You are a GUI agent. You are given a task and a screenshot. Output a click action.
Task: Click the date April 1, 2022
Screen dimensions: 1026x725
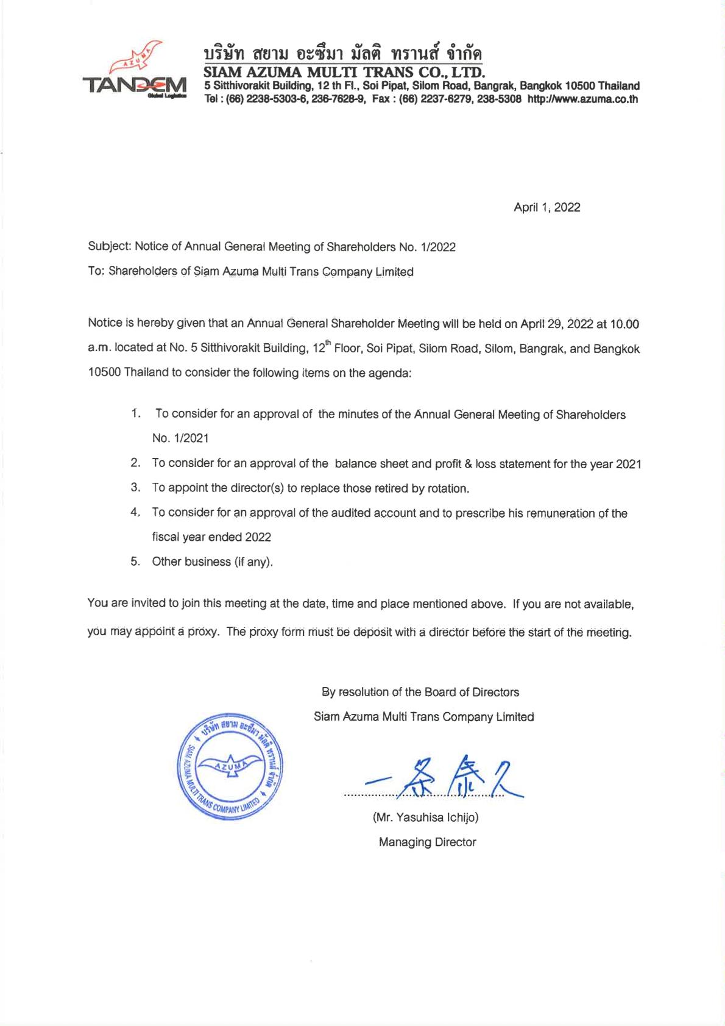pyautogui.click(x=546, y=207)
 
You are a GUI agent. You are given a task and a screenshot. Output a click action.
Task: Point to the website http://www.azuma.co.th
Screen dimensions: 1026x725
pyautogui.click(x=582, y=99)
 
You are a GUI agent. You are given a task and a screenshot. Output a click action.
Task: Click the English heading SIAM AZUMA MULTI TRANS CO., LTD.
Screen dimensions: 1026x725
pyautogui.click(x=344, y=73)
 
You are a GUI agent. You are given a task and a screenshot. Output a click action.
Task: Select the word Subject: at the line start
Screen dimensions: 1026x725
pyautogui.click(x=109, y=247)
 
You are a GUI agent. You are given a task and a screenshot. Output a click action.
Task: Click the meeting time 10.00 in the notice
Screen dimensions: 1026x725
pyautogui.click(x=626, y=323)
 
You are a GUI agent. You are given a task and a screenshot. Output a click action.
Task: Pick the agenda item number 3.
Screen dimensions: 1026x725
pyautogui.click(x=135, y=488)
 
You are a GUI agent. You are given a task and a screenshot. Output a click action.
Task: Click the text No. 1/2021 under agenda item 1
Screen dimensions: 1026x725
pyautogui.click(x=180, y=438)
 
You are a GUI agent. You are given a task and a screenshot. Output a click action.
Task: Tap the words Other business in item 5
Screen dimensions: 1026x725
pyautogui.click(x=191, y=561)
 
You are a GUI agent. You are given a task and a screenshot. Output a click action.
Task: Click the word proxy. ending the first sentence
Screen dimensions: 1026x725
pyautogui.click(x=203, y=632)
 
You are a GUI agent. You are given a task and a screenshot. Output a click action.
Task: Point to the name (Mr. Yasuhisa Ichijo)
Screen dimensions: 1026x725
pyautogui.click(x=425, y=818)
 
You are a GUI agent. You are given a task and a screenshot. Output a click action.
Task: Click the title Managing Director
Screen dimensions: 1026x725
pyautogui.click(x=427, y=842)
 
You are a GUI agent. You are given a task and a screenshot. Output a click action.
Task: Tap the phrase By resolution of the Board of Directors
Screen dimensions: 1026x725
pyautogui.click(x=420, y=692)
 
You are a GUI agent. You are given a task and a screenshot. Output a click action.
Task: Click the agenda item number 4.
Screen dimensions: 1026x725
pyautogui.click(x=135, y=513)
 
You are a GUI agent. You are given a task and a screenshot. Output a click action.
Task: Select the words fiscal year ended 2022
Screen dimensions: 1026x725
pyautogui.click(x=211, y=537)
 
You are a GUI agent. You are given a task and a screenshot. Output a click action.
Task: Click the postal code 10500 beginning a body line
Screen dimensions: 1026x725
pyautogui.click(x=104, y=372)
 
